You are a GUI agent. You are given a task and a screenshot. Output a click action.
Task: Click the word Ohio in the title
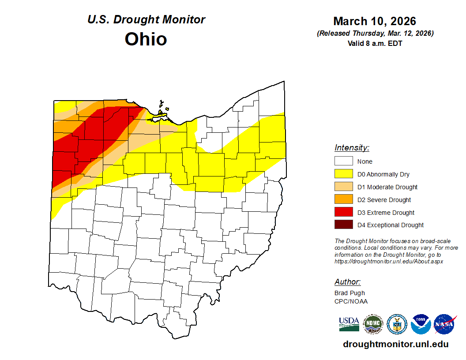click(x=146, y=39)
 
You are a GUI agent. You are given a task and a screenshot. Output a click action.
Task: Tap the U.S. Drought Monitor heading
click(x=146, y=20)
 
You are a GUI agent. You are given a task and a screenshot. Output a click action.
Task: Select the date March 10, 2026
click(x=374, y=21)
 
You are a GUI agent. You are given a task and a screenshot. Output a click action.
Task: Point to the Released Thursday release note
click(x=375, y=34)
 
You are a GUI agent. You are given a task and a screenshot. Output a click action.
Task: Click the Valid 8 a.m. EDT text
click(x=375, y=43)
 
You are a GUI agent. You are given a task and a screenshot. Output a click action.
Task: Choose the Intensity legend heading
click(x=352, y=148)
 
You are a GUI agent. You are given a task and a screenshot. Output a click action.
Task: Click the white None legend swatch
click(x=343, y=161)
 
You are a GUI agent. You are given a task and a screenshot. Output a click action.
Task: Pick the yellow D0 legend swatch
click(x=343, y=174)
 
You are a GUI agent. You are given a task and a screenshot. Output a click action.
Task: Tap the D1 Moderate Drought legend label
click(x=387, y=187)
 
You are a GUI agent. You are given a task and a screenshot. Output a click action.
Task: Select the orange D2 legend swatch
click(x=343, y=200)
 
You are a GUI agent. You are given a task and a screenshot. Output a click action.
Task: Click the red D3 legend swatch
click(x=343, y=213)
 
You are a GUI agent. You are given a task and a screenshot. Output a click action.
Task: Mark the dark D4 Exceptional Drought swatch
click(x=343, y=225)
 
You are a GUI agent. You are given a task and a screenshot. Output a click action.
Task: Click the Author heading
click(x=347, y=282)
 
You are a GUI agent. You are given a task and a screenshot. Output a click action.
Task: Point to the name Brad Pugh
click(x=349, y=293)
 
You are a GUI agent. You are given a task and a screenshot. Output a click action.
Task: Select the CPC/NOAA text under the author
click(x=351, y=301)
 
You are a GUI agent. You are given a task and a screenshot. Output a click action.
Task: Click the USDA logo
click(x=349, y=324)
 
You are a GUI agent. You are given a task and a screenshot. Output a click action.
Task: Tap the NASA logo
click(x=445, y=324)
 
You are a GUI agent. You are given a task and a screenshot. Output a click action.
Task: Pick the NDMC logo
click(x=373, y=324)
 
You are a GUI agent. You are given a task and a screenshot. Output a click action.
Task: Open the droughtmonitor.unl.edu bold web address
click(x=395, y=345)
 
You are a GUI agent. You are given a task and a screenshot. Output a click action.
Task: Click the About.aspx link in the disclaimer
click(x=388, y=261)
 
